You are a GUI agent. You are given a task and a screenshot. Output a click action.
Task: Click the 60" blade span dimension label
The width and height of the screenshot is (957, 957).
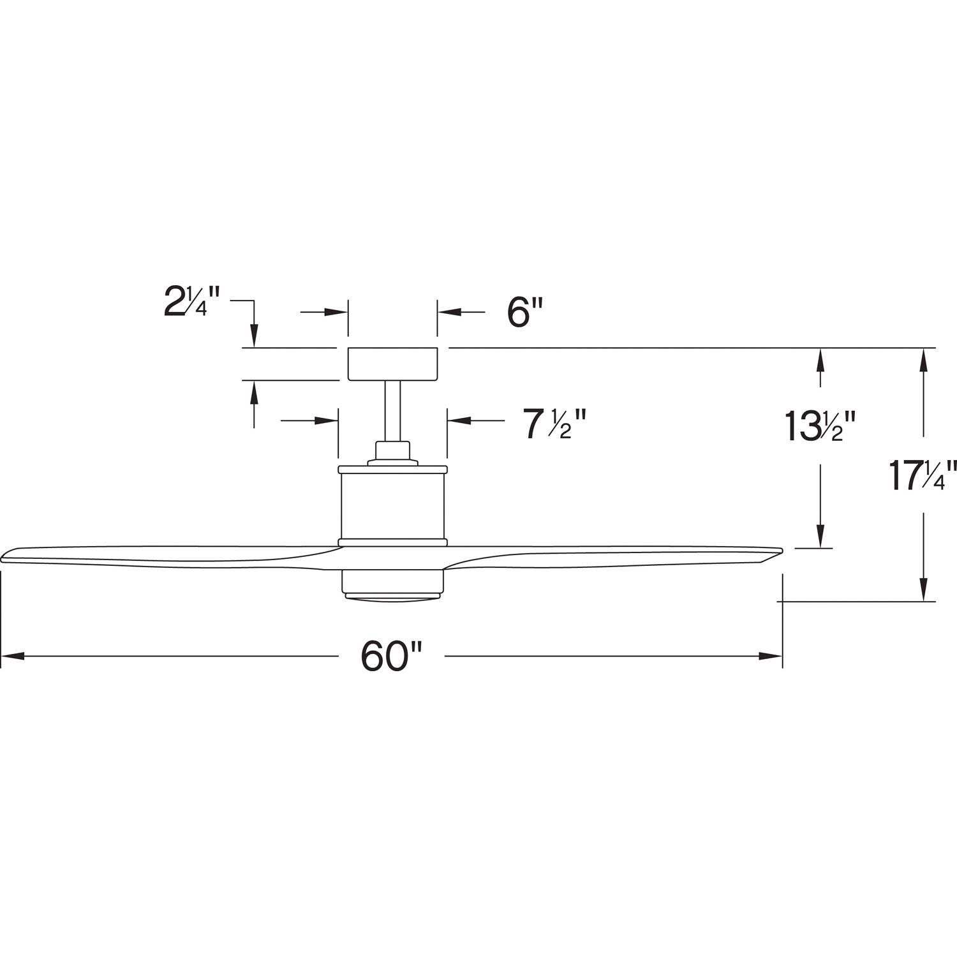[392, 657]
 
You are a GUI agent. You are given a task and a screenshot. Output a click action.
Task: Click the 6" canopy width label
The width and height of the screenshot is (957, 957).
[524, 313]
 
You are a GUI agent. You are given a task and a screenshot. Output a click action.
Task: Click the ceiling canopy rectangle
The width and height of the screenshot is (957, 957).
[392, 364]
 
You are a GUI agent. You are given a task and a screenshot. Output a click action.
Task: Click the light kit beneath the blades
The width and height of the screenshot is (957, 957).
[392, 584]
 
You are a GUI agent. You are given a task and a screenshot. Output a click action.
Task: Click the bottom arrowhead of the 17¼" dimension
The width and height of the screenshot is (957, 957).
[923, 590]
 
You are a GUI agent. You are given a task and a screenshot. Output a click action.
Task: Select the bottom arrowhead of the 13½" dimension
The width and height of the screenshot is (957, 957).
[820, 537]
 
